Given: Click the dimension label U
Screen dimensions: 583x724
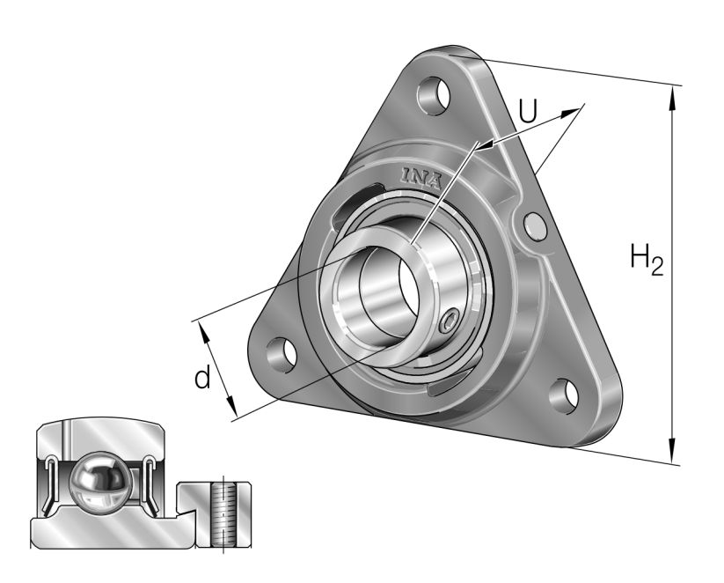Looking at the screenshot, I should [x=528, y=111].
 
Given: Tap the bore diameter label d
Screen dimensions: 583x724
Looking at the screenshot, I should [x=202, y=379].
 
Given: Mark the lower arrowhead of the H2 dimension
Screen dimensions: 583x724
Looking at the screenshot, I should [x=673, y=454].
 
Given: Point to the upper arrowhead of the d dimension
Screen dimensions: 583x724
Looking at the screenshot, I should [x=206, y=329].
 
